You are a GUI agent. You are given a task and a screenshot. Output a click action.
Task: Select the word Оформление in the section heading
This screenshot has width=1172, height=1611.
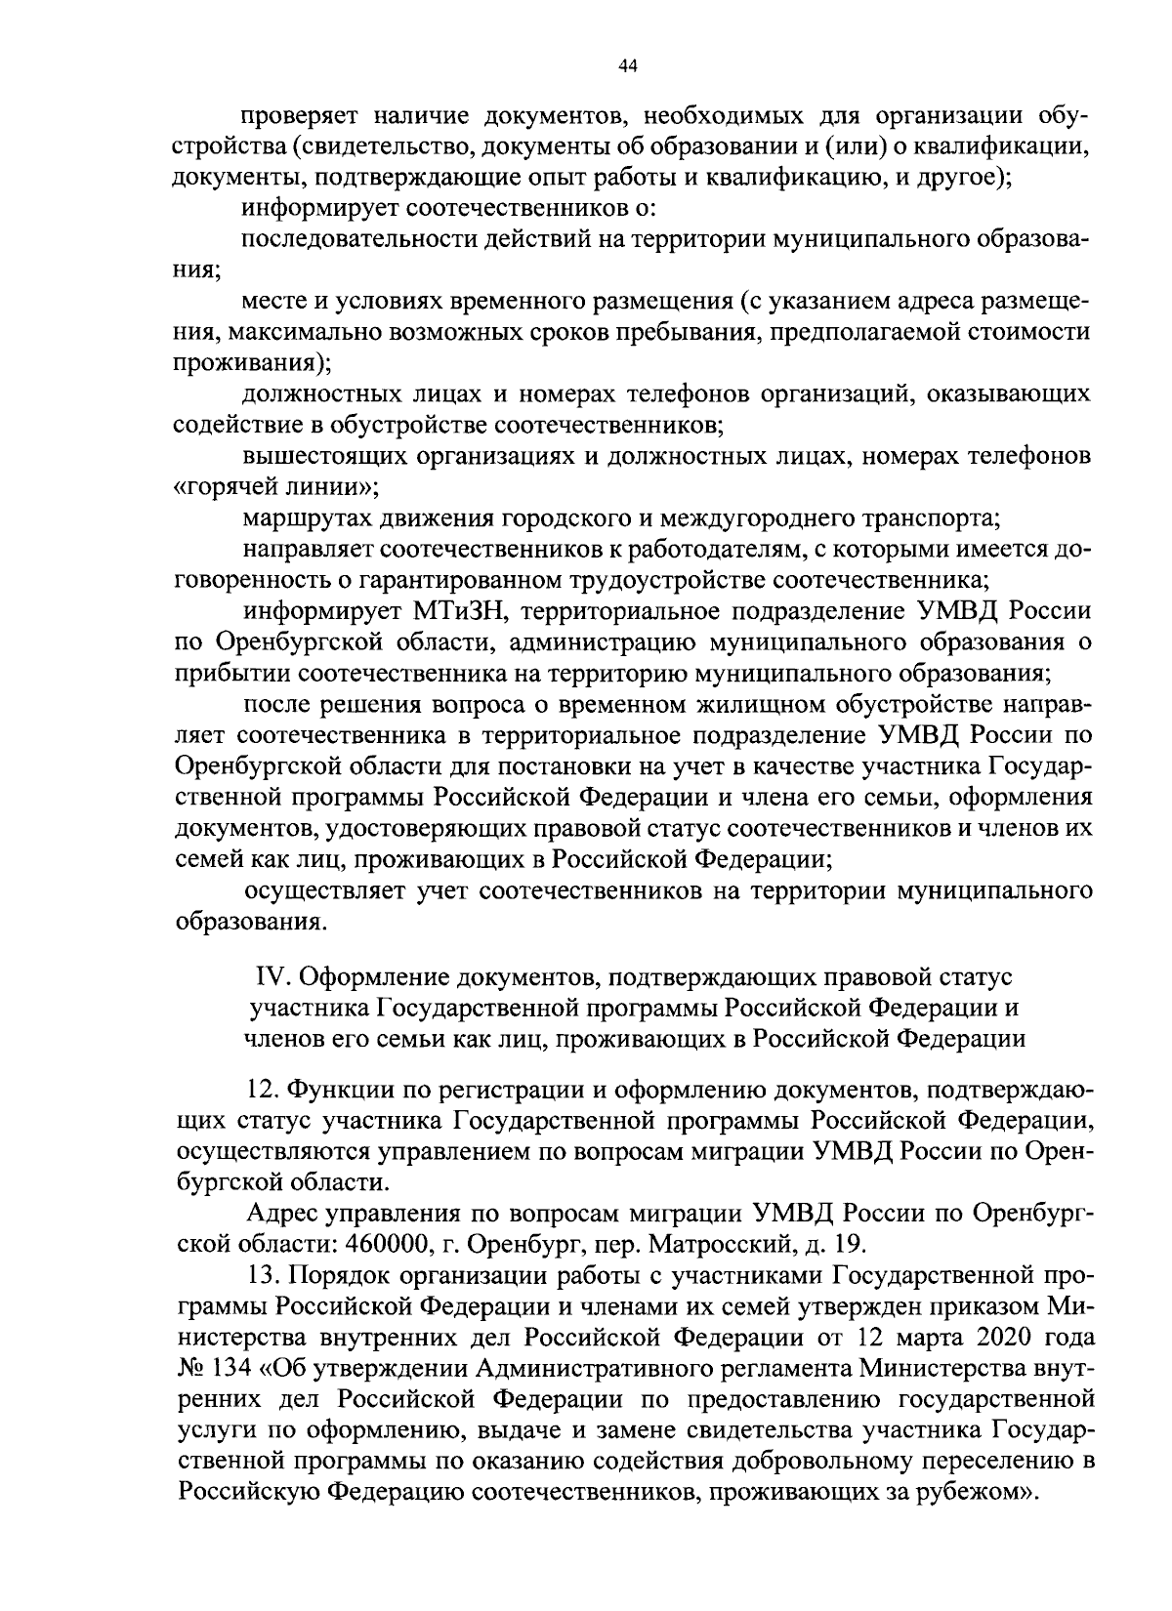tap(375, 977)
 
